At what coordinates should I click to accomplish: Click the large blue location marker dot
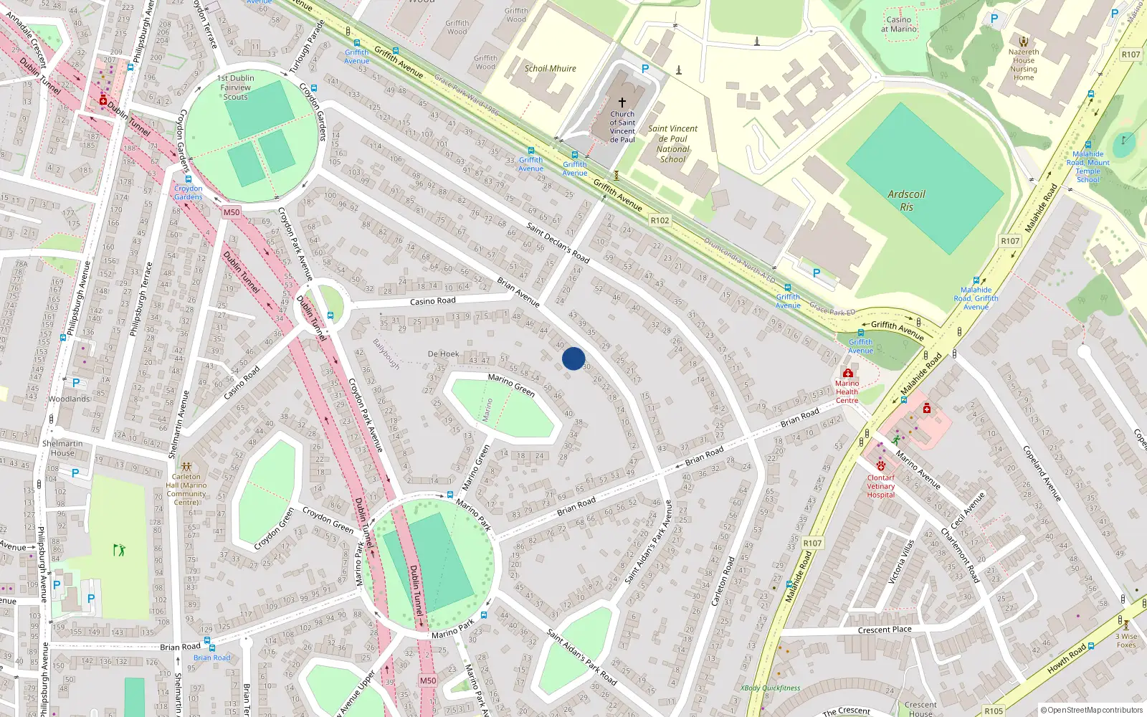click(573, 358)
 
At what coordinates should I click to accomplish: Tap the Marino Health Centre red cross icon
click(847, 374)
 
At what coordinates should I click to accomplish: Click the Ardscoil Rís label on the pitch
click(906, 200)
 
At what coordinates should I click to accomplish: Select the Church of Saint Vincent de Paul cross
click(622, 103)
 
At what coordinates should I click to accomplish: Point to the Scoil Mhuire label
click(550, 69)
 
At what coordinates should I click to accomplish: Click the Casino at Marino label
click(898, 24)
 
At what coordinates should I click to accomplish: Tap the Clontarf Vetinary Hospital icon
click(880, 465)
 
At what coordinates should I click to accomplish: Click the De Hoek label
click(443, 354)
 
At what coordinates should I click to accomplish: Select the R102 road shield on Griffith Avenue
click(660, 221)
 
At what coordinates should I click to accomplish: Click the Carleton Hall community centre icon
click(186, 467)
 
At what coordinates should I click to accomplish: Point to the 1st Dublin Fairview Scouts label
click(236, 87)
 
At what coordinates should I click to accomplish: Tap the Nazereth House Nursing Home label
click(1024, 65)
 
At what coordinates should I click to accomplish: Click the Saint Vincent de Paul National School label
click(672, 144)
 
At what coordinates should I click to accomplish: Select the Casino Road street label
click(432, 301)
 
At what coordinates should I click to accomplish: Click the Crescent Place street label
click(885, 630)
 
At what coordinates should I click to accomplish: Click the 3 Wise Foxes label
click(1126, 640)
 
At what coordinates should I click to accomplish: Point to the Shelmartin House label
click(62, 448)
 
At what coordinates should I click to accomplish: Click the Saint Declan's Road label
click(558, 242)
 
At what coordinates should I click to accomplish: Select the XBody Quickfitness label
click(770, 688)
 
